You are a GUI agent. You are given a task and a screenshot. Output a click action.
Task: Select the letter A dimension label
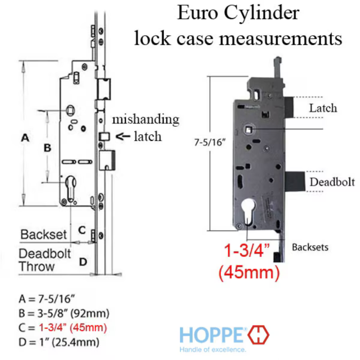click(25, 138)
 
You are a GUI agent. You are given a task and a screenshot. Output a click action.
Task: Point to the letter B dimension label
click(47, 148)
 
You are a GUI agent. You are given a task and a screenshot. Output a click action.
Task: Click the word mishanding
click(145, 119)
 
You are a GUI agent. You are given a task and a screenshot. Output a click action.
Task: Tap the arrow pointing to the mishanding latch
click(122, 136)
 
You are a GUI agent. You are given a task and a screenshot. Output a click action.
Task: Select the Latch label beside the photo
click(323, 108)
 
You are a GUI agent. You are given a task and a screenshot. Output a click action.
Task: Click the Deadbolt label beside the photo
click(332, 182)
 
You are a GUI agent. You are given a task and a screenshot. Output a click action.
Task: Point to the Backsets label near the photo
click(310, 247)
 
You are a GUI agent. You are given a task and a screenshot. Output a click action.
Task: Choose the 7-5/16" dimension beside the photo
click(207, 142)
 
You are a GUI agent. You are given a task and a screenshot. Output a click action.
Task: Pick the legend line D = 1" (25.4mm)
click(59, 342)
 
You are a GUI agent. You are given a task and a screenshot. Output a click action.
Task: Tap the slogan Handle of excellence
click(212, 350)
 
